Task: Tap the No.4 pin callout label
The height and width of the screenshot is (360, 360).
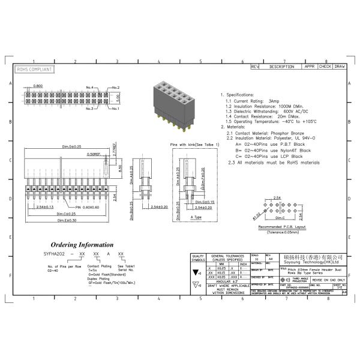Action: point(90,88)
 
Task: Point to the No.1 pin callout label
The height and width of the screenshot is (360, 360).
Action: point(115,109)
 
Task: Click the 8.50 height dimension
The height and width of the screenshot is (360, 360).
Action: point(121,170)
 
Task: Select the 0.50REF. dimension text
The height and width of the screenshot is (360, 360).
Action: point(94,154)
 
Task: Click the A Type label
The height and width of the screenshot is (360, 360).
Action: point(196,217)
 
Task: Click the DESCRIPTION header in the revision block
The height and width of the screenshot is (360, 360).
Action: point(281,66)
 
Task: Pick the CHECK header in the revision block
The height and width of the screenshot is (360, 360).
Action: point(325,66)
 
